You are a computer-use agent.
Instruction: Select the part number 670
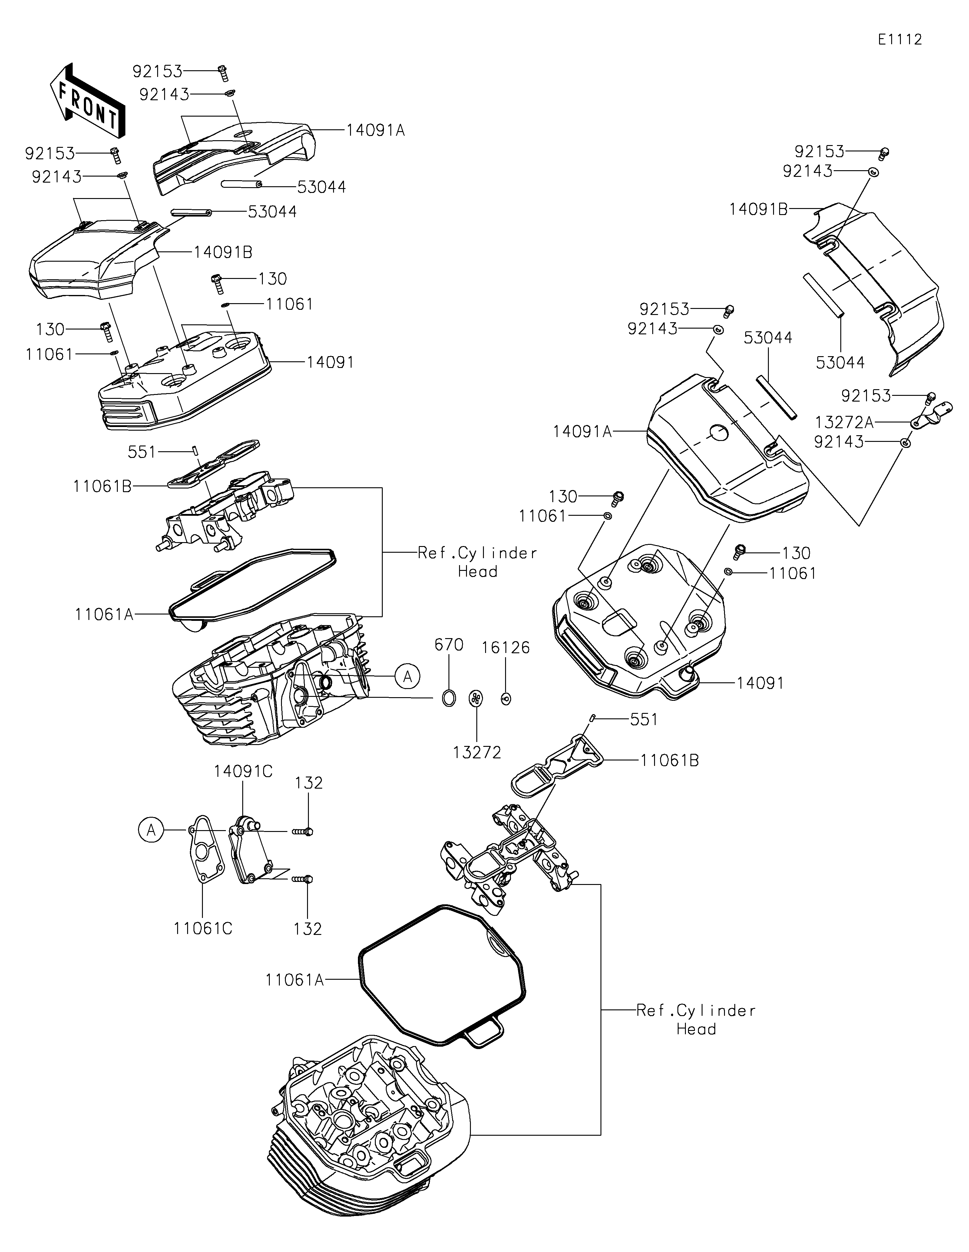click(x=449, y=645)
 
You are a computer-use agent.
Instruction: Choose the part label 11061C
click(x=203, y=928)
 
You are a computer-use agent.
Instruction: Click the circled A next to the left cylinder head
click(x=407, y=677)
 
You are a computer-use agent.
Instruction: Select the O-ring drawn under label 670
click(x=449, y=698)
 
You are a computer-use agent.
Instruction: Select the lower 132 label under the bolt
click(x=308, y=929)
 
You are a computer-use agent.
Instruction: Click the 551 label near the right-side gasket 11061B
click(x=643, y=720)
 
